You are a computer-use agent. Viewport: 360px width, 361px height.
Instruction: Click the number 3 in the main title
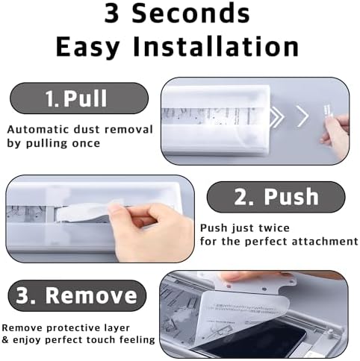click(111, 13)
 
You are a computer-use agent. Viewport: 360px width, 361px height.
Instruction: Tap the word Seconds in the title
click(190, 13)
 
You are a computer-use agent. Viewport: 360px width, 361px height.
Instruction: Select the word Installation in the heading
click(216, 46)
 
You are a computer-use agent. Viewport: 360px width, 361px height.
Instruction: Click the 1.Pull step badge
click(79, 98)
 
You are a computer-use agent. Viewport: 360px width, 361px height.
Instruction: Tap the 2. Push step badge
click(276, 197)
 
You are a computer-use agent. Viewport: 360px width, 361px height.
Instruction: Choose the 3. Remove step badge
click(77, 295)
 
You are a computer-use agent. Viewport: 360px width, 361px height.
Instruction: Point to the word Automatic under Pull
click(38, 130)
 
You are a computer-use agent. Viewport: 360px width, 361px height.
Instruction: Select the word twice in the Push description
click(274, 228)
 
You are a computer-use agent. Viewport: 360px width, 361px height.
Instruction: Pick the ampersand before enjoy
click(5, 339)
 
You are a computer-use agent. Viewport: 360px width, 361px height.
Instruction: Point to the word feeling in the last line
click(137, 340)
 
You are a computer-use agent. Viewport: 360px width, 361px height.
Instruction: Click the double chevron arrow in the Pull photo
click(276, 116)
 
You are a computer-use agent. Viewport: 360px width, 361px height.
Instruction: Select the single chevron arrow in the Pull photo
click(302, 116)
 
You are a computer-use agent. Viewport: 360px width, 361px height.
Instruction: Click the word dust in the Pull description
click(87, 130)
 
